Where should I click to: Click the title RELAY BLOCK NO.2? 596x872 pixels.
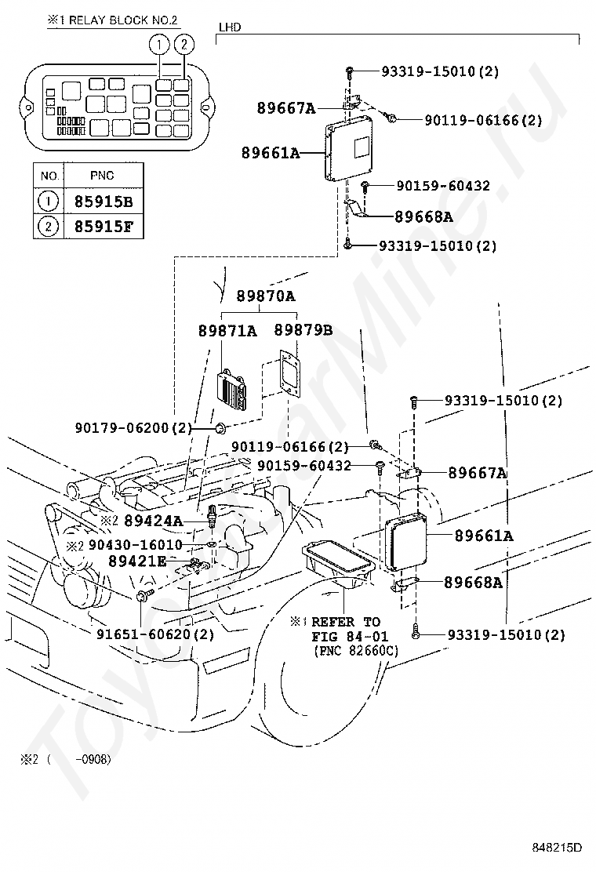point(123,20)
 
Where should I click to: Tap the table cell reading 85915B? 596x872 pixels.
point(104,202)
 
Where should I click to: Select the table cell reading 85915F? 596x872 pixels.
point(104,227)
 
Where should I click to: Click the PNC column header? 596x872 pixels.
point(102,176)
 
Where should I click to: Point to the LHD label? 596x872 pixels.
point(230,27)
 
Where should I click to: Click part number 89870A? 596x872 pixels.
point(266,296)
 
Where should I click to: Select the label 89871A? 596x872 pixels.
point(228,331)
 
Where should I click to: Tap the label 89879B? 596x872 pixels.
point(303,330)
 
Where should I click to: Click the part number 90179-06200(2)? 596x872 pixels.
point(133,427)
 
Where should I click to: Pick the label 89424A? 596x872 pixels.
point(154,521)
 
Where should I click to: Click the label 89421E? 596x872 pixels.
point(137,561)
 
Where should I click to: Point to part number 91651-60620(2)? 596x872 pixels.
point(155,634)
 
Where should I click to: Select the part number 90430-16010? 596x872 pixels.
point(135,544)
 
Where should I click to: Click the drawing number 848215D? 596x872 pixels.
point(557,847)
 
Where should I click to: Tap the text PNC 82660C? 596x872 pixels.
point(356,650)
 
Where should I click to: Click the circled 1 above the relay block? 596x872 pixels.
point(159,44)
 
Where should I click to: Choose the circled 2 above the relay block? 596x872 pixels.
point(184,44)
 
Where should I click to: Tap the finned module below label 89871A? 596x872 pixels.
point(231,392)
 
